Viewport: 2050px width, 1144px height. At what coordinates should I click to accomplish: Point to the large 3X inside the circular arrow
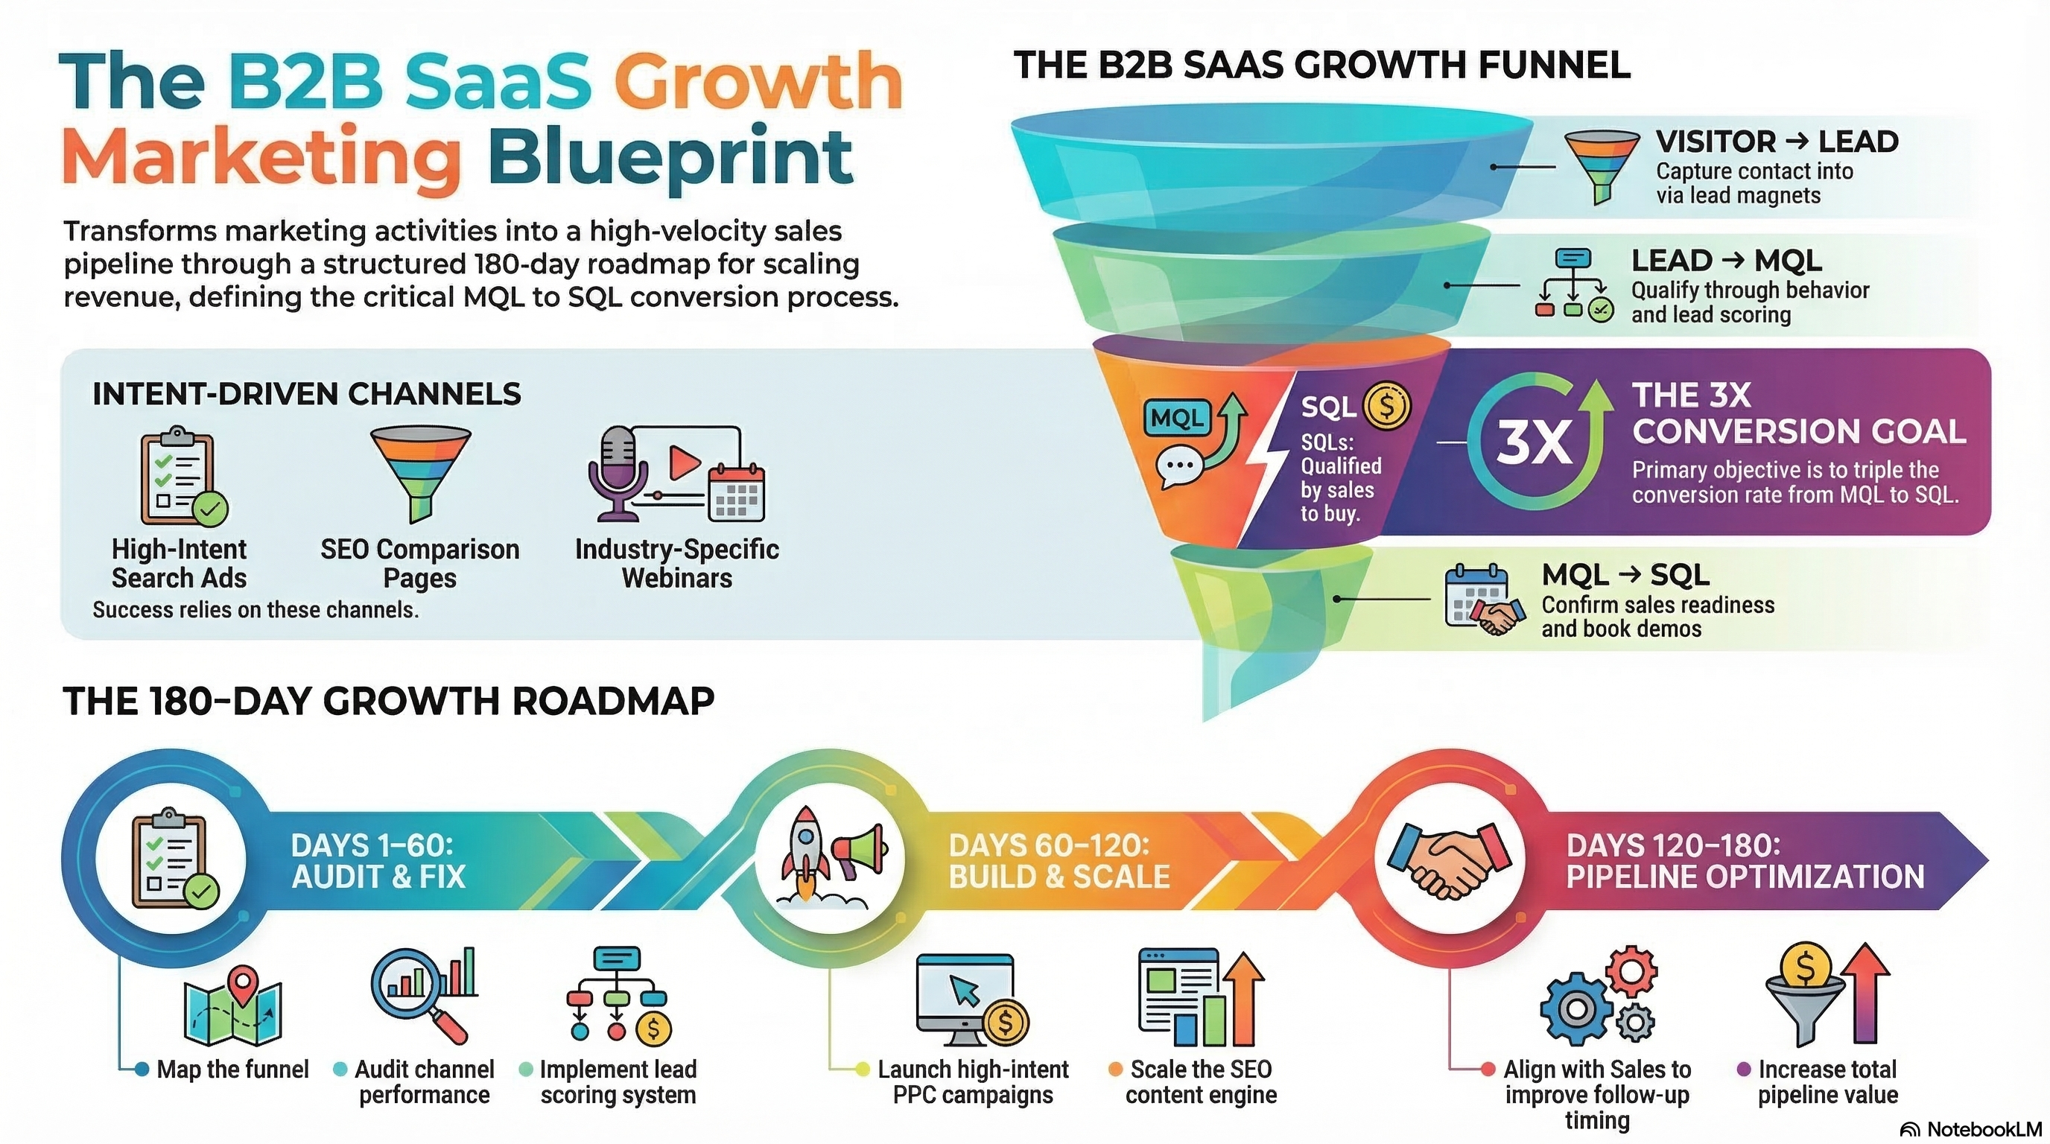click(1534, 444)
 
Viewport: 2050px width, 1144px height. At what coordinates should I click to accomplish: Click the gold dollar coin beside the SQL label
click(1387, 406)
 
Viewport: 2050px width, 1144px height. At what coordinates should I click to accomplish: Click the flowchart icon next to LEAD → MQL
click(1573, 285)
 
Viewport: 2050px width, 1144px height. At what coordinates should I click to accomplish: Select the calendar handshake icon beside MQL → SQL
click(1484, 600)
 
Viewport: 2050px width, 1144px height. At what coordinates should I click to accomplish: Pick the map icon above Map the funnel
click(233, 1007)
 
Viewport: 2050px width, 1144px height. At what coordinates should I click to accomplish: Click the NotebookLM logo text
click(1983, 1129)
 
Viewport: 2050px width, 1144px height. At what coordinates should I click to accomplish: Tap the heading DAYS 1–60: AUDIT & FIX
click(378, 861)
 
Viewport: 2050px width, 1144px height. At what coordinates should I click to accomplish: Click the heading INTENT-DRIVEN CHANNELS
click(306, 394)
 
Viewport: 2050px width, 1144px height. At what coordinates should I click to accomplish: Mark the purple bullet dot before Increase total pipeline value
click(1743, 1070)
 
